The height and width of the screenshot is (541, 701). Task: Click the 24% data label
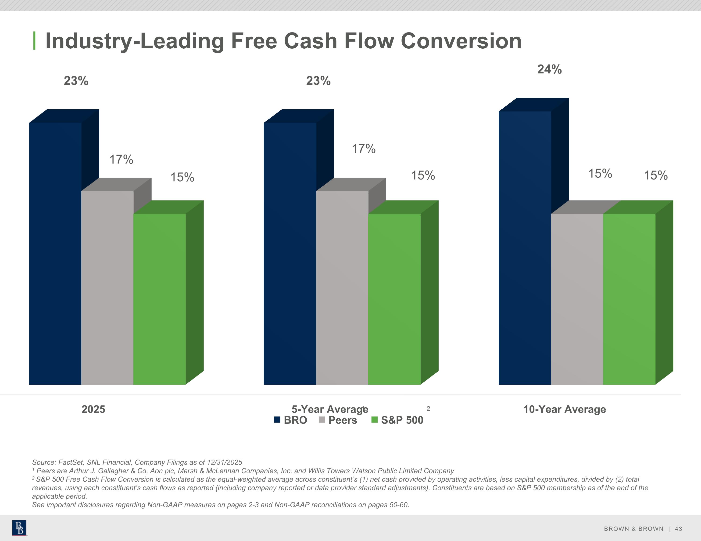[550, 69]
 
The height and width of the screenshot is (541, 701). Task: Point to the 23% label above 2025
[76, 81]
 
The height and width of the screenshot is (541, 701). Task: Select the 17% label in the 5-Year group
[364, 149]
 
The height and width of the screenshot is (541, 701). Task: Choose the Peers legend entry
[338, 420]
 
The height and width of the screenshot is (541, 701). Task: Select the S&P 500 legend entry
[397, 420]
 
